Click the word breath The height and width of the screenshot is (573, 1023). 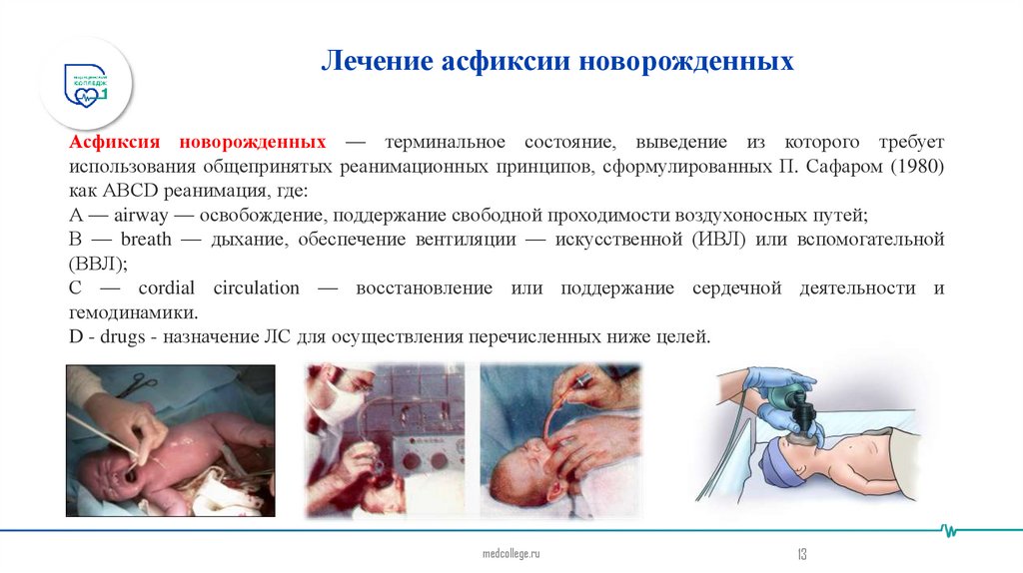pyautogui.click(x=146, y=240)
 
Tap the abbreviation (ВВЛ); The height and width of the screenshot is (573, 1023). pyautogui.click(x=98, y=265)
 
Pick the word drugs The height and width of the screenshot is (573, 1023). pyautogui.click(x=122, y=337)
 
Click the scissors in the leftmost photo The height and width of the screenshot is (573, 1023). pyautogui.click(x=140, y=380)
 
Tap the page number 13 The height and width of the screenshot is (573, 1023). pyautogui.click(x=801, y=553)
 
